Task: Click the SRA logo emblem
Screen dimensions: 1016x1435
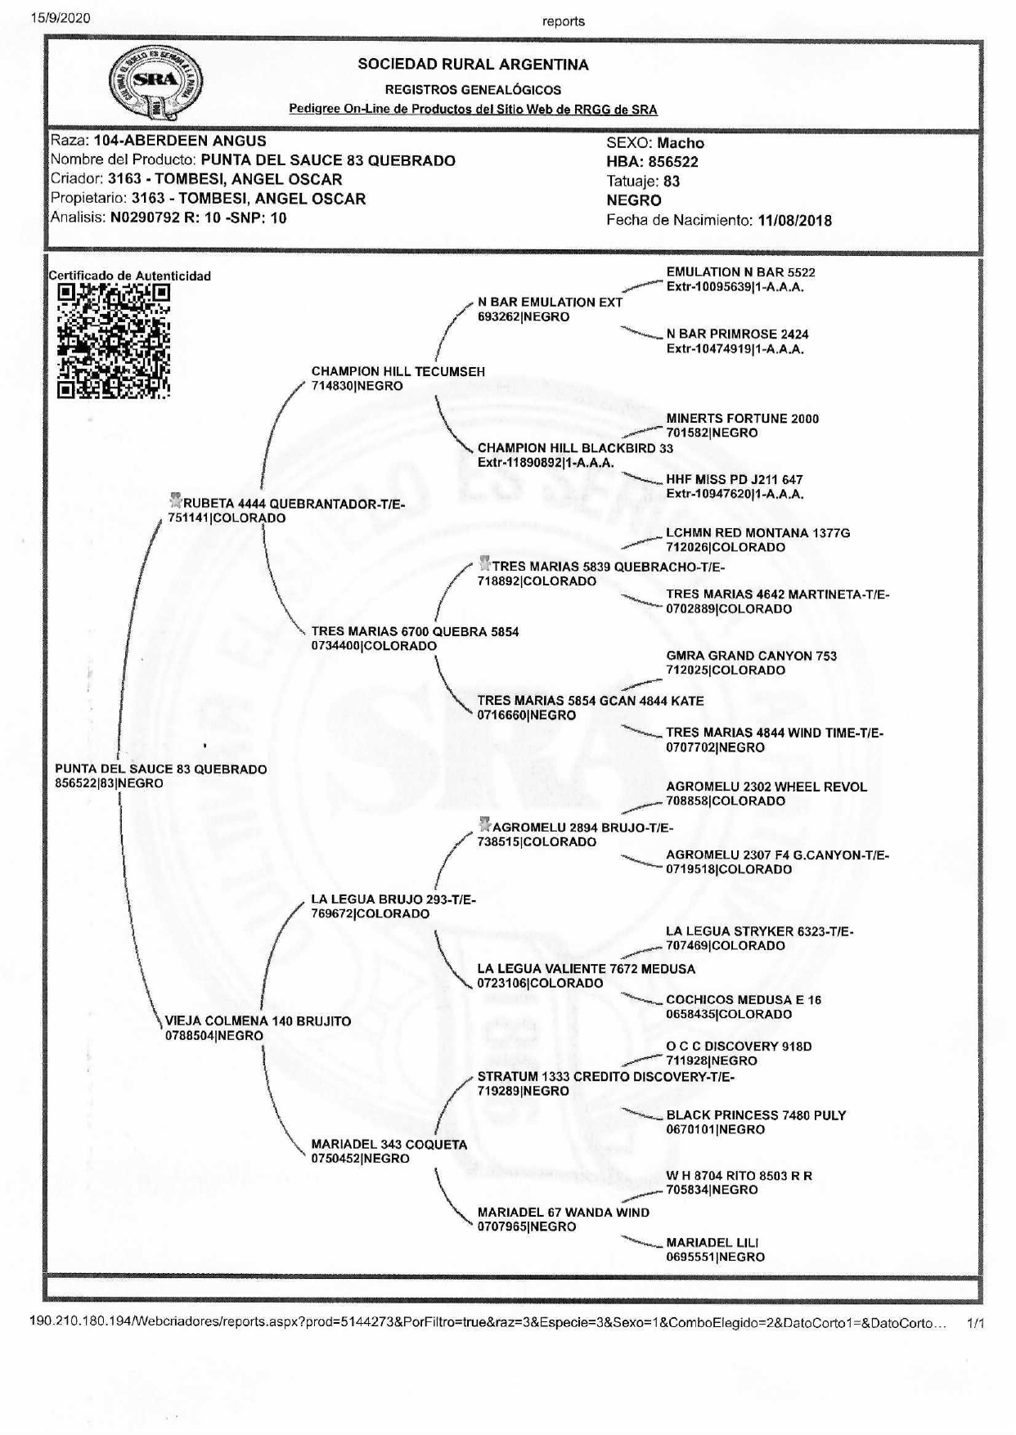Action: point(155,83)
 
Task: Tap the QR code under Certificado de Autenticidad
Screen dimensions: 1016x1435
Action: point(114,341)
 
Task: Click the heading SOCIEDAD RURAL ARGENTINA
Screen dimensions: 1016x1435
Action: point(473,65)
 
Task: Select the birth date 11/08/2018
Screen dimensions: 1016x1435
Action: point(794,220)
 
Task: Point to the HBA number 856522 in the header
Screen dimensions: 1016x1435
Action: point(672,162)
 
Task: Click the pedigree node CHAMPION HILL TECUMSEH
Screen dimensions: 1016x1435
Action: point(398,371)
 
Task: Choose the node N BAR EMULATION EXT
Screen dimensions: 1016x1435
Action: point(550,302)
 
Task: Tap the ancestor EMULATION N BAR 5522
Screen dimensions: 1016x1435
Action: point(740,272)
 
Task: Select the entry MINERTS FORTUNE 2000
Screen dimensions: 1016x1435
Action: point(742,419)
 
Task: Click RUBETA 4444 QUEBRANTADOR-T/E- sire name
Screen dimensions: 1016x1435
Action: point(294,504)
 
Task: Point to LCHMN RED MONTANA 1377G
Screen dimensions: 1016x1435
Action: point(758,533)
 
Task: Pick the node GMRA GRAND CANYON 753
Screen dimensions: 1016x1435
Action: point(751,656)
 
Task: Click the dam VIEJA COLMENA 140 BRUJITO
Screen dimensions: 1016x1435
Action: point(258,1021)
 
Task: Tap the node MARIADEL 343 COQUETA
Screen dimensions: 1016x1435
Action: point(389,1145)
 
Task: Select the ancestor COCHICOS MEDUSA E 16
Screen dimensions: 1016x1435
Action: point(744,1000)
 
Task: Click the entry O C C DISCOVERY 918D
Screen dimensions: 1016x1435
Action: point(739,1047)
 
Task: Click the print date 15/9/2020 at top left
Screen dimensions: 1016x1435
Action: point(61,17)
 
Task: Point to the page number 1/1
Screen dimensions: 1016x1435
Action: point(975,1322)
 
